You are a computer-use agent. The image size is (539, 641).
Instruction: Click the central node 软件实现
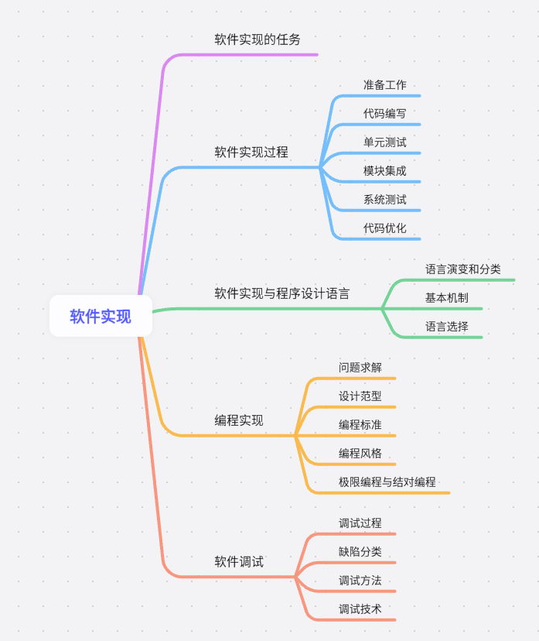[x=101, y=317]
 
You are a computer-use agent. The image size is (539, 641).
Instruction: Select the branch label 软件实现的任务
[x=257, y=39]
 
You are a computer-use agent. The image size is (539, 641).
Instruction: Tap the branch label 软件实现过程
[x=251, y=153]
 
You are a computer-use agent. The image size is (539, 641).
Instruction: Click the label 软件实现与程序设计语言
[x=281, y=294]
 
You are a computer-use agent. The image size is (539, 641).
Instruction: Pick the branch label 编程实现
[x=238, y=421]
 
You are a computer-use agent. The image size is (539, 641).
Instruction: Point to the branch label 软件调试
[x=238, y=562]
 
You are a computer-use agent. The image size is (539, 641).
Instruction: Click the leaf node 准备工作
[x=384, y=85]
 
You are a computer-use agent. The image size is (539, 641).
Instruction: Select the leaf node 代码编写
[x=384, y=114]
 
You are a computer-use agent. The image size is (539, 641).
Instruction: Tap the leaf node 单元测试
[x=384, y=142]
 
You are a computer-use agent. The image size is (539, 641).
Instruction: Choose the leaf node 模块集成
[x=384, y=171]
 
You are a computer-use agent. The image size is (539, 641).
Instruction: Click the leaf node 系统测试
[x=384, y=200]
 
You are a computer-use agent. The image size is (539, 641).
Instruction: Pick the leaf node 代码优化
[x=384, y=228]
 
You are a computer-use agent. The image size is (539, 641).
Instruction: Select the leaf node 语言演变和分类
[x=462, y=269]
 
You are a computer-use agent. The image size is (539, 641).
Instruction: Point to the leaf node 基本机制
[x=446, y=298]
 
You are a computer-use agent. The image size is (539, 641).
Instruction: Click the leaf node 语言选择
[x=446, y=327]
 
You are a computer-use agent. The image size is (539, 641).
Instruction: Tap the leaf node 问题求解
[x=360, y=368]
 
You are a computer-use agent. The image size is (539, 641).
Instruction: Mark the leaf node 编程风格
[x=360, y=454]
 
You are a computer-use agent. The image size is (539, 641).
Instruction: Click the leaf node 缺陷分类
[x=360, y=552]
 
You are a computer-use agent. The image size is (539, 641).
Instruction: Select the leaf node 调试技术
[x=360, y=609]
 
